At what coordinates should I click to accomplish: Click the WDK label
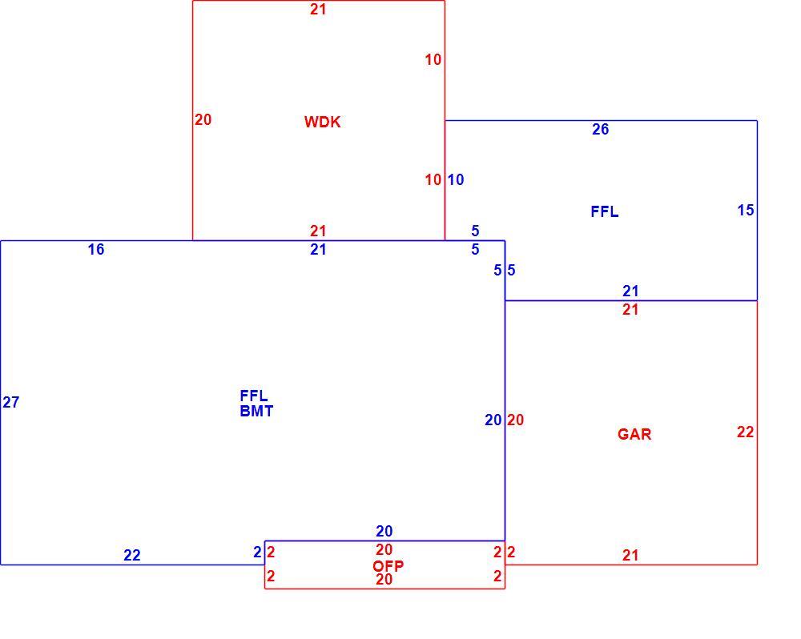click(x=322, y=122)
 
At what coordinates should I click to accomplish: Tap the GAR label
click(x=634, y=434)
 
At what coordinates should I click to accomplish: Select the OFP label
click(x=388, y=565)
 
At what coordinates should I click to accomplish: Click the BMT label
click(x=256, y=412)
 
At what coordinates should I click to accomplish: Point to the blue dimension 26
click(x=600, y=130)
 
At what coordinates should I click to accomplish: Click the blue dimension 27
click(x=10, y=403)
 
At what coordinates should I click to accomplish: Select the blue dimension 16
click(x=96, y=249)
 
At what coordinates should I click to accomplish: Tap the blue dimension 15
click(x=746, y=210)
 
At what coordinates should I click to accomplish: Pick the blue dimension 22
click(x=132, y=555)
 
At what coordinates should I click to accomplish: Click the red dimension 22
click(x=745, y=432)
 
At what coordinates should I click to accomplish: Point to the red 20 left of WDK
click(x=203, y=119)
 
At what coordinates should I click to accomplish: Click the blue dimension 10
click(x=456, y=180)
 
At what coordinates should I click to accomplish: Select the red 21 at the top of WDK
click(x=318, y=9)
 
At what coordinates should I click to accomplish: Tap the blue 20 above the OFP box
click(x=384, y=532)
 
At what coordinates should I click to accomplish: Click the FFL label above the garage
click(x=604, y=212)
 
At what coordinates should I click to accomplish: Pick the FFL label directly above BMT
click(x=254, y=396)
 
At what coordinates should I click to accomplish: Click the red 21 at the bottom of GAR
click(x=630, y=555)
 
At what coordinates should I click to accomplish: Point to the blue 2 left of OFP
click(x=257, y=553)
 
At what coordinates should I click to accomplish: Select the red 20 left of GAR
click(x=515, y=420)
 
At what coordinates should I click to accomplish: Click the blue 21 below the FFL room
click(x=630, y=291)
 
